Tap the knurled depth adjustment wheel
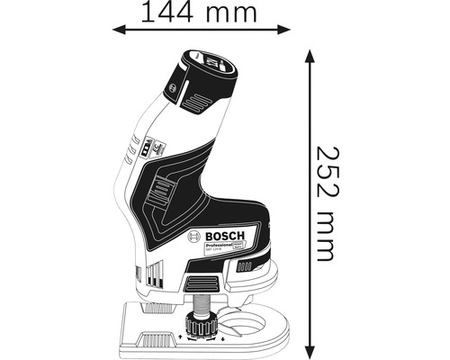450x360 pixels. click(200, 325)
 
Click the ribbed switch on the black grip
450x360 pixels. click(163, 191)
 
